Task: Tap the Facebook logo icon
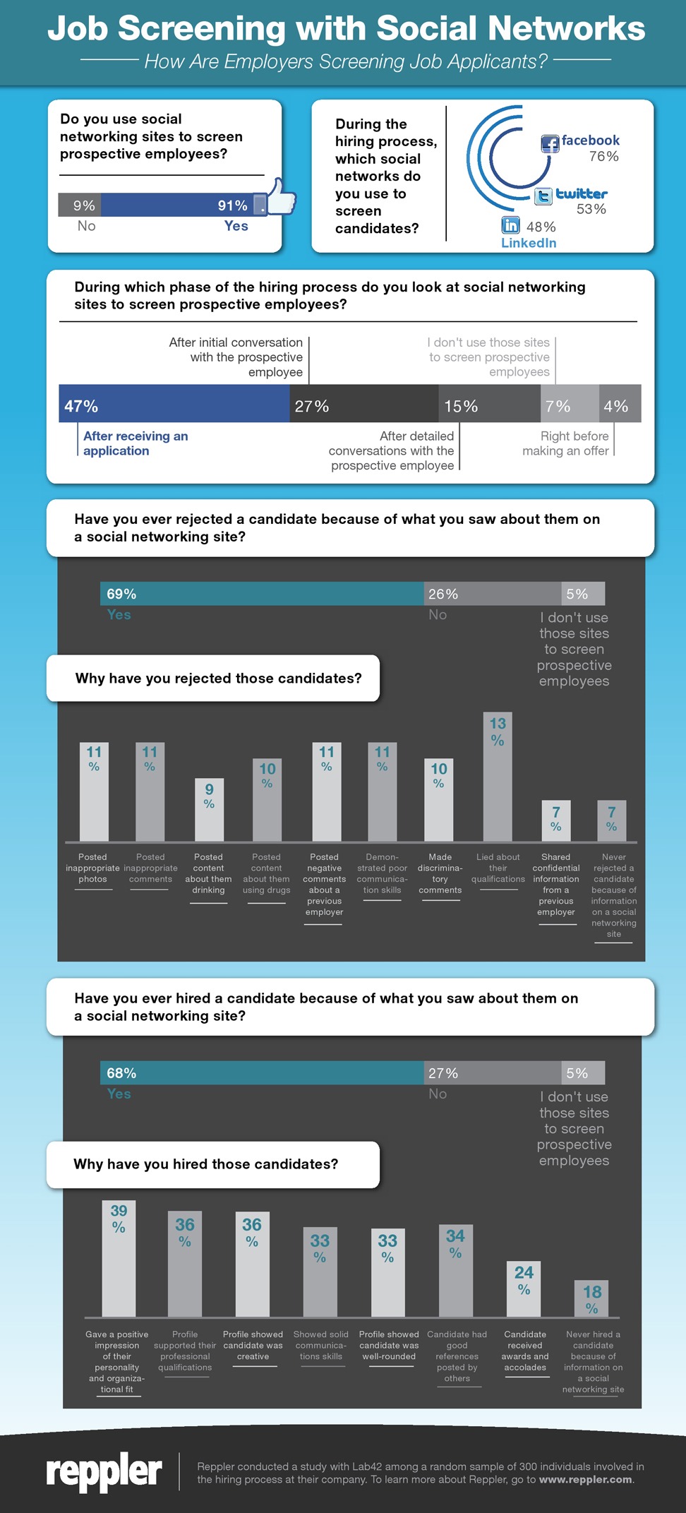(x=550, y=144)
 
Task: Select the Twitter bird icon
(x=543, y=196)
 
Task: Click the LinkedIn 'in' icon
(x=510, y=225)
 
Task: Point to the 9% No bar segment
(x=80, y=205)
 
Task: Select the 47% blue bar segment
(x=174, y=404)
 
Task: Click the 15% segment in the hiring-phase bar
(x=488, y=404)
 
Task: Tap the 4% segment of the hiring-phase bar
(x=620, y=404)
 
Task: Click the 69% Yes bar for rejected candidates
(x=261, y=594)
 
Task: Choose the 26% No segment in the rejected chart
(x=492, y=594)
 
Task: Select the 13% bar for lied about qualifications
(x=498, y=777)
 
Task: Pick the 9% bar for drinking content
(x=209, y=810)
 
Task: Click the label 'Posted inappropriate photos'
(x=92, y=868)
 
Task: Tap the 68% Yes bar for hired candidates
(x=261, y=1072)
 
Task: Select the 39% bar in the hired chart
(x=119, y=1259)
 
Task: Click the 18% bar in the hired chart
(x=591, y=1299)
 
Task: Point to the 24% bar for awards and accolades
(x=524, y=1289)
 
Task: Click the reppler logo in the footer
(x=104, y=1471)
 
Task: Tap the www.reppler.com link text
(x=585, y=1479)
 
